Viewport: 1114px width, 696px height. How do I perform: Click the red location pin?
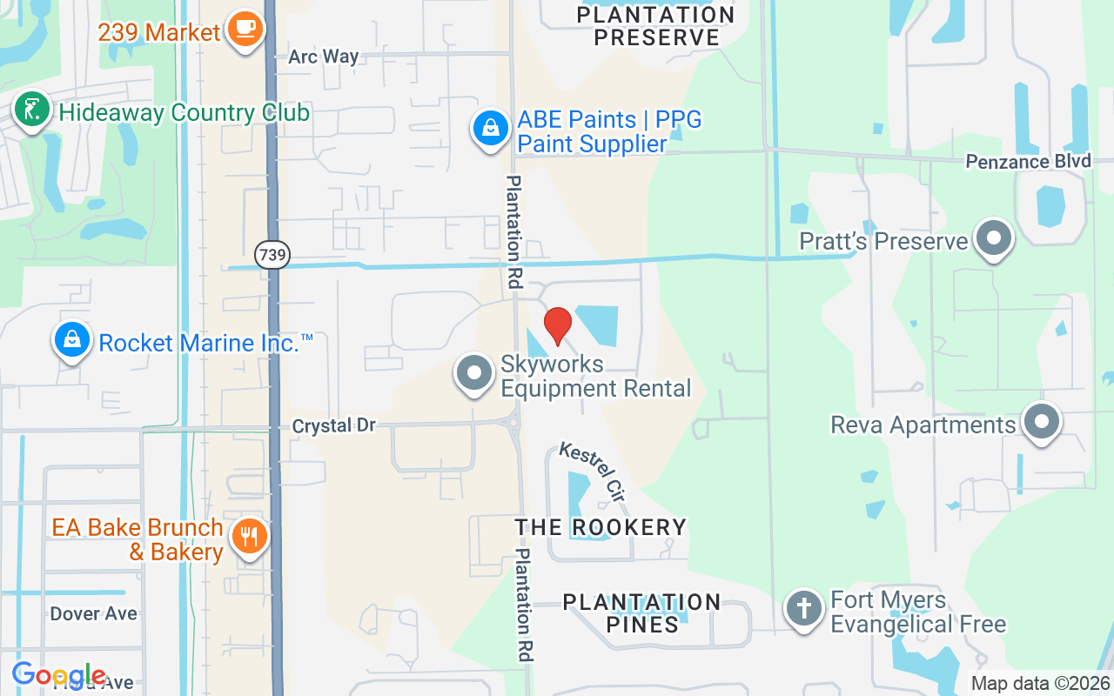tap(558, 325)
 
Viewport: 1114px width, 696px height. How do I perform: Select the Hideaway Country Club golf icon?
tap(31, 110)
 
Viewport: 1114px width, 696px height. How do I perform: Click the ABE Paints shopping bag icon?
tap(491, 128)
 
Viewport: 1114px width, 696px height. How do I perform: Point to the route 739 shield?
tap(272, 255)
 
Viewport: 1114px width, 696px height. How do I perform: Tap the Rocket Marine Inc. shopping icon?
tap(72, 340)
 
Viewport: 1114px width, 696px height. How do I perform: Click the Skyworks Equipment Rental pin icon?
tap(474, 373)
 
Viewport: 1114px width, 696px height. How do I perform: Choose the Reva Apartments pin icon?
tap(1042, 423)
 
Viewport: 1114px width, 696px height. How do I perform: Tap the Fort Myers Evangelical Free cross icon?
tap(805, 608)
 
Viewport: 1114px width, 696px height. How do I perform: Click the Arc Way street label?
tap(324, 57)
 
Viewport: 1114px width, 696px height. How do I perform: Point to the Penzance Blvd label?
tap(1028, 162)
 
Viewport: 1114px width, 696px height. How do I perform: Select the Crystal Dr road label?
tap(334, 425)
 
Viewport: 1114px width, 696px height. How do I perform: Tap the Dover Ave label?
tap(93, 613)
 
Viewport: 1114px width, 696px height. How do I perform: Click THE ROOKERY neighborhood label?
tap(601, 527)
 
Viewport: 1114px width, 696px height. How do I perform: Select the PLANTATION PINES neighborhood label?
tap(641, 612)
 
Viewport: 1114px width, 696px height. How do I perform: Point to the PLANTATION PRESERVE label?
tap(655, 25)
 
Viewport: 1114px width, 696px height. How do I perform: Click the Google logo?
tap(58, 675)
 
